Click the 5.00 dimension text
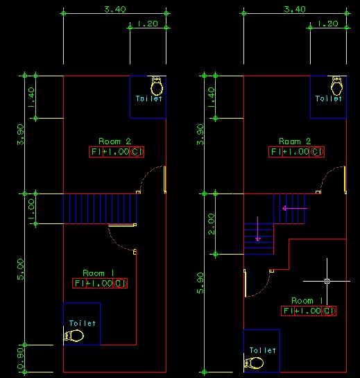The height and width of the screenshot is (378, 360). (x=21, y=269)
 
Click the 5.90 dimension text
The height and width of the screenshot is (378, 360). (x=200, y=283)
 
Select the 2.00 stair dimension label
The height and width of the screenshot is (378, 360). (x=212, y=224)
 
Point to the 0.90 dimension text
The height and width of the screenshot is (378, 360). (x=21, y=359)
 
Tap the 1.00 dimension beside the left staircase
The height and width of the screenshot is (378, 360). (x=32, y=209)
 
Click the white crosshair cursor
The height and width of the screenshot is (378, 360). (x=327, y=281)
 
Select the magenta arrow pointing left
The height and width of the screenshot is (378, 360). (x=295, y=208)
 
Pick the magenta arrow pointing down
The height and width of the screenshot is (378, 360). (x=258, y=229)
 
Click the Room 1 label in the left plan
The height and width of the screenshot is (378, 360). (x=98, y=273)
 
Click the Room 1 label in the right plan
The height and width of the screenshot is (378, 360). (x=307, y=300)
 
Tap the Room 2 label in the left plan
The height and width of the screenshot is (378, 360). (x=114, y=141)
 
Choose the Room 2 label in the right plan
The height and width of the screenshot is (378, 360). (x=295, y=141)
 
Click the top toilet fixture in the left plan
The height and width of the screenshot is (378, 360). (x=157, y=86)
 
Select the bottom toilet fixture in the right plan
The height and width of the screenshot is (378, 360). (x=254, y=363)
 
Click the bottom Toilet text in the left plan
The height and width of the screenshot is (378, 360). (x=83, y=323)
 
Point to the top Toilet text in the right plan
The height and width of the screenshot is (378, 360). (x=329, y=98)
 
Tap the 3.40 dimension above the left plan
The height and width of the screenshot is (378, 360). (x=115, y=10)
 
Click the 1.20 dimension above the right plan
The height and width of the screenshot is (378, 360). (x=328, y=24)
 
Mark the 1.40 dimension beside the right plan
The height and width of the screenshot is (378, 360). (x=212, y=98)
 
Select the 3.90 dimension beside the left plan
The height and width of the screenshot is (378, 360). (x=21, y=135)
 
